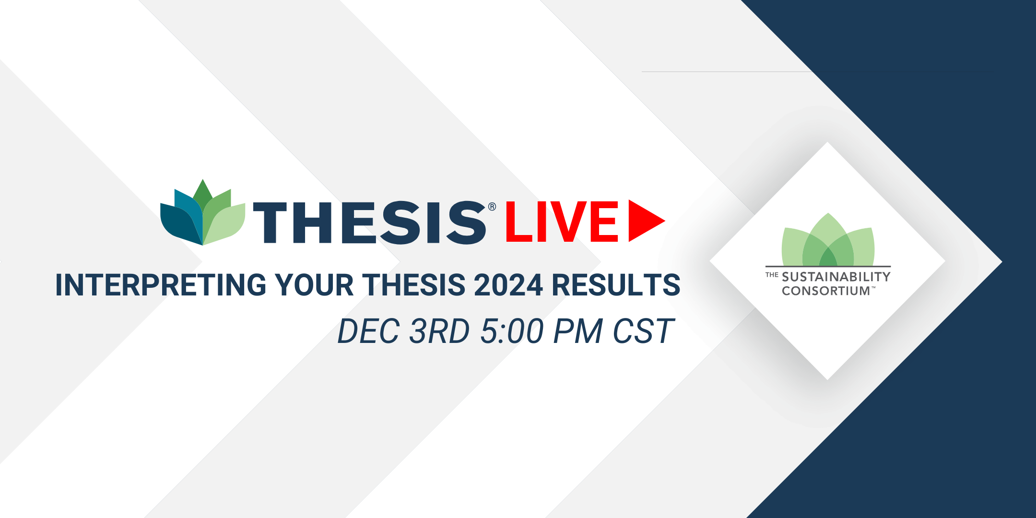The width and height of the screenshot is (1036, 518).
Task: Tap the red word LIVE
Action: tap(562, 222)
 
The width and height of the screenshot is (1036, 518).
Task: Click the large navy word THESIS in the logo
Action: tap(369, 222)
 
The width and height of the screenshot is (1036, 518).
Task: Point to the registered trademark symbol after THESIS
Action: tap(492, 207)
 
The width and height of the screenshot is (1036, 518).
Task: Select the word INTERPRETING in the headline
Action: tap(161, 285)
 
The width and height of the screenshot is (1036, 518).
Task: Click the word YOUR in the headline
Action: tap(314, 285)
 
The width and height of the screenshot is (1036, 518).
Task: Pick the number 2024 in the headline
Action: tap(508, 285)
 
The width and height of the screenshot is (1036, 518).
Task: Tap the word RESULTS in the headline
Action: tap(616, 285)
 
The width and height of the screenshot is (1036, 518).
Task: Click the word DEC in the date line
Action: tap(368, 331)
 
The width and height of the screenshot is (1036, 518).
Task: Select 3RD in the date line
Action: tap(439, 331)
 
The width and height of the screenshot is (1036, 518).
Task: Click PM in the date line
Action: tap(578, 331)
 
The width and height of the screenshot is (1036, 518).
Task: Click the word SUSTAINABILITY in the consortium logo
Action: tap(836, 277)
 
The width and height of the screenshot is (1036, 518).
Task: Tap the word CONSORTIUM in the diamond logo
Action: tap(826, 291)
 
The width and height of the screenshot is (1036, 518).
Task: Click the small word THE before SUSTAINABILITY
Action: tap(772, 275)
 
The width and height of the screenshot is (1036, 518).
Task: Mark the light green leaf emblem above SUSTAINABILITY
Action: tap(828, 239)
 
